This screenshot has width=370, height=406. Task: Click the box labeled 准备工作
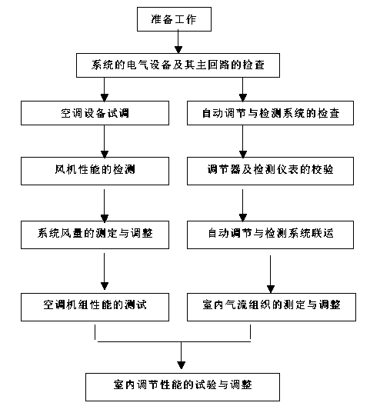pos(174,19)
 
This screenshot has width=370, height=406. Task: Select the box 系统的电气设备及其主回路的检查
pos(178,65)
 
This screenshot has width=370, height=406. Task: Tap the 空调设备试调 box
pos(95,113)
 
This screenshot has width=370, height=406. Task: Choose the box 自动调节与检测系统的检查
pos(270,113)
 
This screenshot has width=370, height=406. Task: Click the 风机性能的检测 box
pos(95,171)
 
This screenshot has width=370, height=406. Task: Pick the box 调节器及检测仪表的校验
pos(270,171)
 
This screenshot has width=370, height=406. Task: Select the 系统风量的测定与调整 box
pos(95,235)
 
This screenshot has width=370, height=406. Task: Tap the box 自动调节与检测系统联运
pos(270,235)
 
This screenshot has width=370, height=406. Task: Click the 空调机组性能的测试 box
pos(95,307)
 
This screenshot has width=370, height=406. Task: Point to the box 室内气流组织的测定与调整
pos(272,307)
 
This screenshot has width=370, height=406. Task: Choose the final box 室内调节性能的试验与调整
pos(182,387)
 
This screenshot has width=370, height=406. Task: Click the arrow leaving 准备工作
pos(178,42)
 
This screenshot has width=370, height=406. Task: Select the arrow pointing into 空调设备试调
pos(105,89)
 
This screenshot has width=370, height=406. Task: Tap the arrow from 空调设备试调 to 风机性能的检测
pos(105,141)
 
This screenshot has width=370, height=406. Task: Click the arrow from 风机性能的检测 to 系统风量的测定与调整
pos(105,205)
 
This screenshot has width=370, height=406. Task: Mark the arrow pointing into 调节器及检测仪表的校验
pos(243,141)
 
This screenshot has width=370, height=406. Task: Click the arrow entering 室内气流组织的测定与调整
pos(271,275)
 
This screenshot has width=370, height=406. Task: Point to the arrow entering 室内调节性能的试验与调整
pos(181,355)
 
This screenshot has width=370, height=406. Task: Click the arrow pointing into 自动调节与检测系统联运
pos(243,205)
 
